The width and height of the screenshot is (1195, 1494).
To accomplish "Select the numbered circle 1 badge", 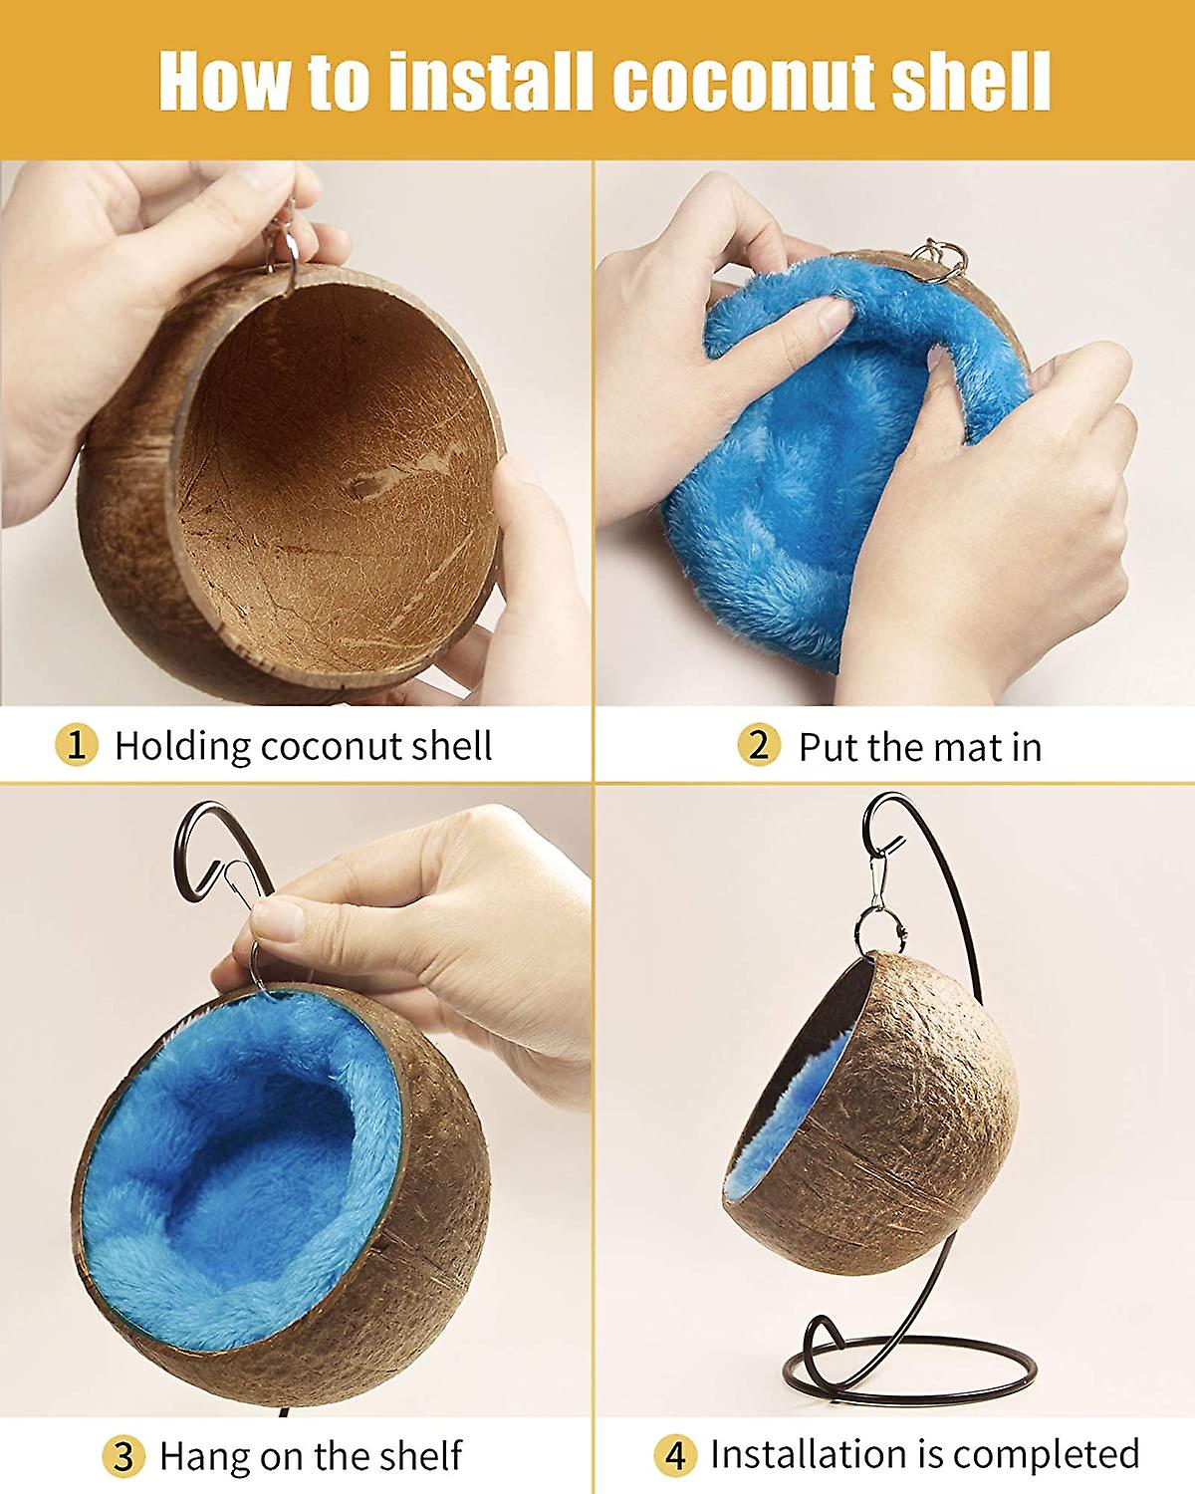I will click(x=76, y=745).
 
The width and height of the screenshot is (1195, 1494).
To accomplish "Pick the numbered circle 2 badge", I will click(x=759, y=745).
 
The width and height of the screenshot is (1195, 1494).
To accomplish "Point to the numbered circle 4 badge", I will click(x=675, y=1456).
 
